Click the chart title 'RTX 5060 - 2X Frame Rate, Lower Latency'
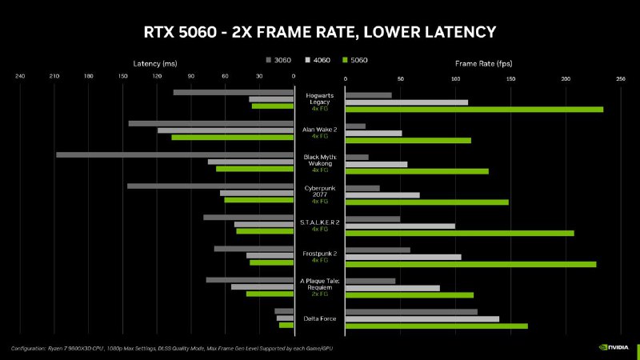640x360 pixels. coord(319,32)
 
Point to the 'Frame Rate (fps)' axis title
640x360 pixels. coord(484,62)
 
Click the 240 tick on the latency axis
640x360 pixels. coord(20,78)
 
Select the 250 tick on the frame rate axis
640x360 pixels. coord(620,79)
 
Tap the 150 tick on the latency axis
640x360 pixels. coord(122,78)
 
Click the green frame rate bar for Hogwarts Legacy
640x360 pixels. coord(474,109)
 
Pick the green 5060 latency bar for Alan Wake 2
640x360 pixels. coord(232,138)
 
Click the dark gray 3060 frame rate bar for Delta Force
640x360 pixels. coord(410,312)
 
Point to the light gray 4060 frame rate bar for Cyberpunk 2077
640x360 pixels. coord(382,195)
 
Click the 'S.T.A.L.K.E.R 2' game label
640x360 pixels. coord(319,222)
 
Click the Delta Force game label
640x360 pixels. coord(319,319)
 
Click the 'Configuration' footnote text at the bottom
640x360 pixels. coord(160,348)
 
